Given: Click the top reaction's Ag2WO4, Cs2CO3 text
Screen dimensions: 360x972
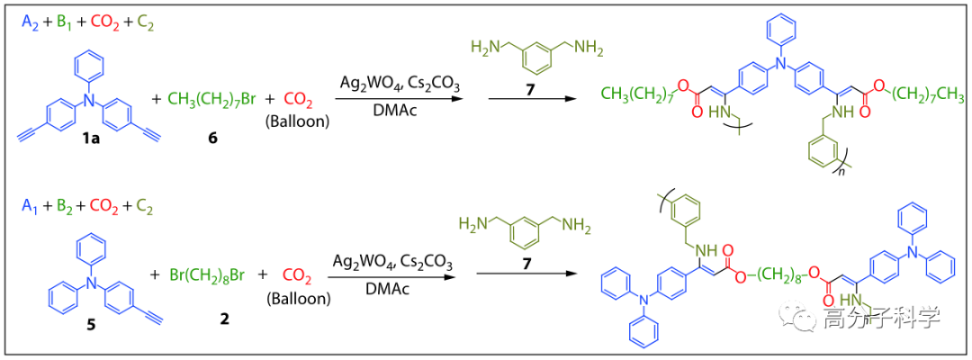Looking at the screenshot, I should [400, 85].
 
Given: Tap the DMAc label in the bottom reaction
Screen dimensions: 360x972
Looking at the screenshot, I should [392, 287].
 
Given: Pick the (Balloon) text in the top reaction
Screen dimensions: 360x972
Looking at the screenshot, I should [299, 120].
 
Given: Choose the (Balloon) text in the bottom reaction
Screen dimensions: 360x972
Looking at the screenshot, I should [297, 295].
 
